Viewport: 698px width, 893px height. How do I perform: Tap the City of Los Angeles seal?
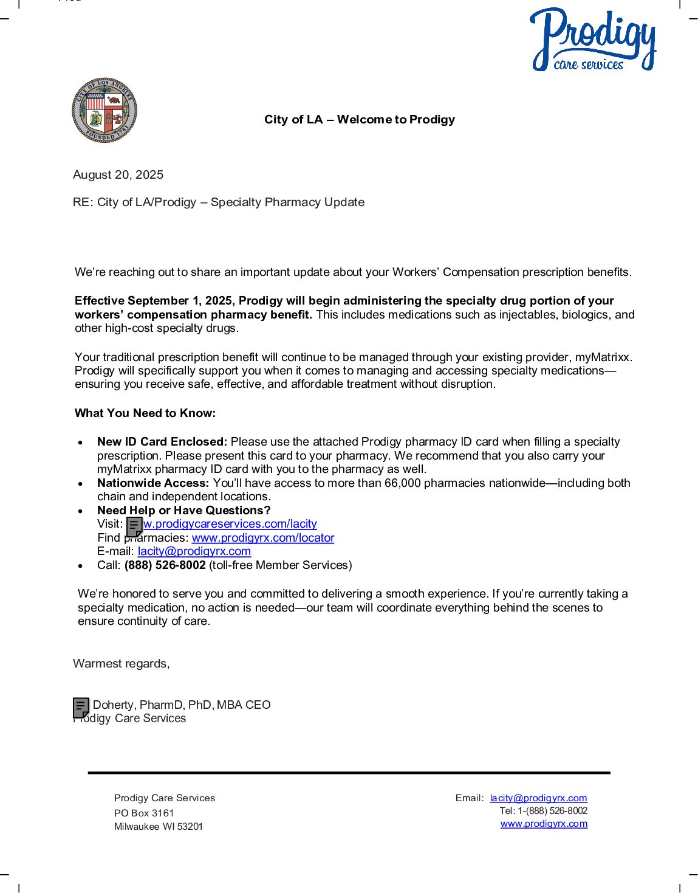point(104,110)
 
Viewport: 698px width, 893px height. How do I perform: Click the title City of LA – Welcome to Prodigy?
point(359,120)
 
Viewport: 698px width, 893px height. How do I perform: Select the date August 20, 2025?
point(118,175)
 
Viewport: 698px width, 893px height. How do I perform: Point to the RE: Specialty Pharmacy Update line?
point(219,202)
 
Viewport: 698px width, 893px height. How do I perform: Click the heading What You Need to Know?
point(145,413)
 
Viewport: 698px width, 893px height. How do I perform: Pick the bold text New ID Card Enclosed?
point(162,442)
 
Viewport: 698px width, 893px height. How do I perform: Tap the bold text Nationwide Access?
point(153,483)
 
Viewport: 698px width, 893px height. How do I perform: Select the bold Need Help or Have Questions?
point(183,511)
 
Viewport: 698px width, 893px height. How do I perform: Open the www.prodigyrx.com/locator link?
point(263,538)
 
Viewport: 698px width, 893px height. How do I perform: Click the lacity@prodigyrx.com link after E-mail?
point(194,551)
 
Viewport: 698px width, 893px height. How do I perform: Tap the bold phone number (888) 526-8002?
point(165,565)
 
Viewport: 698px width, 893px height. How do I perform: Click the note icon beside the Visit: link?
point(134,526)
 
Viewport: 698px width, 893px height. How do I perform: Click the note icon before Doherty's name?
point(81,708)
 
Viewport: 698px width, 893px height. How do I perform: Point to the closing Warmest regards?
point(121,664)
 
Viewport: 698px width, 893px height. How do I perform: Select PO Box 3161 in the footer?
point(144,813)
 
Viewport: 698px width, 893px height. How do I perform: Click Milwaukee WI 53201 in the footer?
point(159,827)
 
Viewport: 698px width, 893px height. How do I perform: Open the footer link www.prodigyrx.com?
point(544,824)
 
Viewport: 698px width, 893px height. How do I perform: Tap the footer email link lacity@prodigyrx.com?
point(539,798)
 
